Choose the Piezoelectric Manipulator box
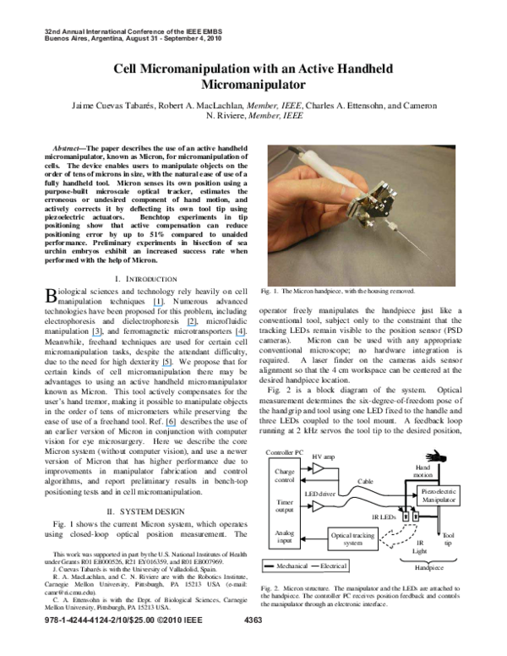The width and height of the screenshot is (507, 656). [x=438, y=495]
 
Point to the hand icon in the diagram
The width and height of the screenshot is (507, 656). [x=436, y=456]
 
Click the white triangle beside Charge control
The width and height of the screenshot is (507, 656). [x=318, y=467]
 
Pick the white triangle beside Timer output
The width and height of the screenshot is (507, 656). [x=318, y=506]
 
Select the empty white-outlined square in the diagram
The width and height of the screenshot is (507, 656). [x=419, y=547]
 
